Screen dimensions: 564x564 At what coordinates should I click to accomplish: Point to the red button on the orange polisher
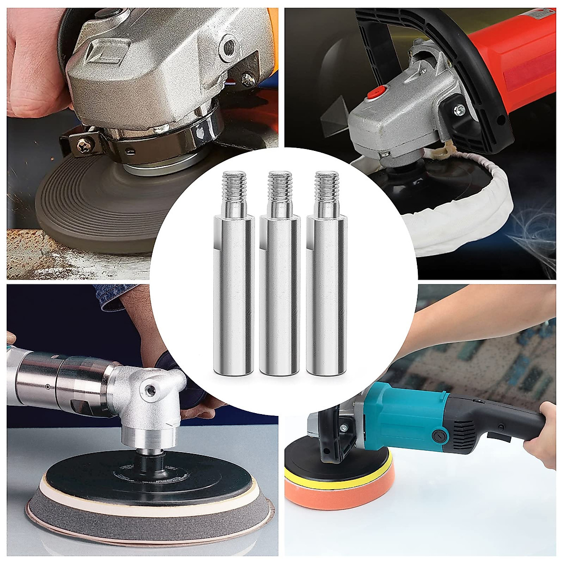(x=375, y=92)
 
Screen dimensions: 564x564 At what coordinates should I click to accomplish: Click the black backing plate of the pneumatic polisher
(x=141, y=475)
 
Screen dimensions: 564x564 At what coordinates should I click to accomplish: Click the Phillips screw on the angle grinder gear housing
(x=248, y=78)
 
